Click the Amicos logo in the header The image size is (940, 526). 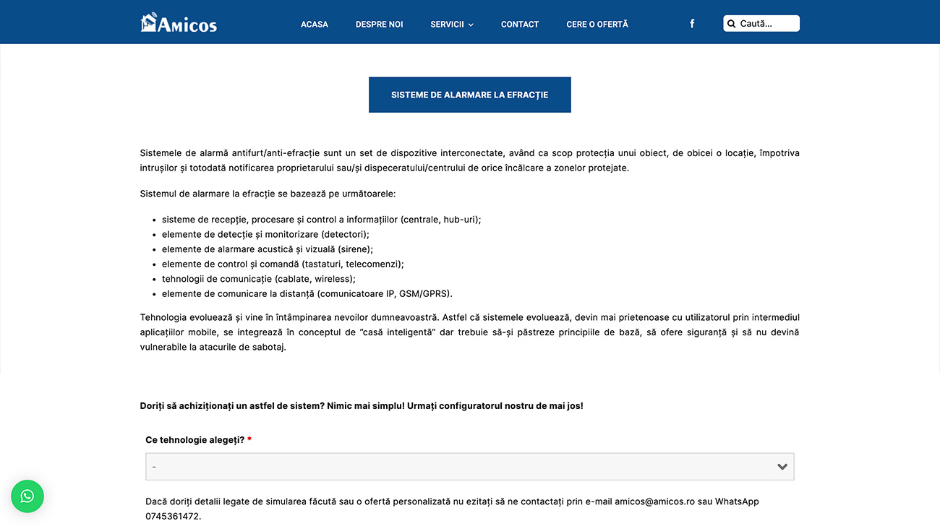point(179,23)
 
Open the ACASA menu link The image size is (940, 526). point(315,25)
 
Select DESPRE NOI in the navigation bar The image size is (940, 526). point(379,25)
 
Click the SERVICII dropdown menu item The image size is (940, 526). point(448,25)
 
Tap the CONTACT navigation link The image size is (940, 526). point(520,25)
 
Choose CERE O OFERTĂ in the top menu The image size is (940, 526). point(597,25)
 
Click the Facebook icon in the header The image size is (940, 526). point(692,24)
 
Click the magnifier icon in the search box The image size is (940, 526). point(731,24)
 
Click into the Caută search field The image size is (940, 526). point(766,24)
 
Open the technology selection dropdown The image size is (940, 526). point(463,467)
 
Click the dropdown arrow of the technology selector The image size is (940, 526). point(782,467)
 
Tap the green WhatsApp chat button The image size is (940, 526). point(27,496)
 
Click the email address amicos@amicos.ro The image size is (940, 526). point(654,501)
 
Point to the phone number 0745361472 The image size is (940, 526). point(172,517)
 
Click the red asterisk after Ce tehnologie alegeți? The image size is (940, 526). point(249,440)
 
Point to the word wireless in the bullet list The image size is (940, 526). point(333,279)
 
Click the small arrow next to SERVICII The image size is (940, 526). point(471,25)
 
